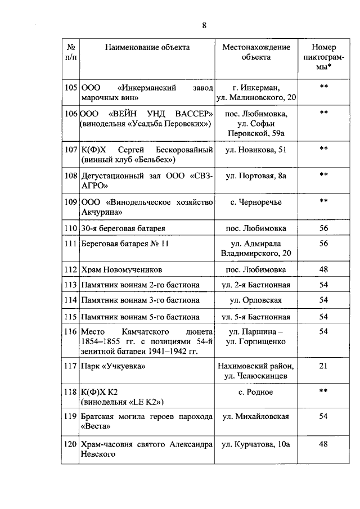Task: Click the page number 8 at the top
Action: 204,25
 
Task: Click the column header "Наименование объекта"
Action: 147,47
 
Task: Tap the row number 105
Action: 71,87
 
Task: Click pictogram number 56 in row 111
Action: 323,244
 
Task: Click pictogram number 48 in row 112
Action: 323,269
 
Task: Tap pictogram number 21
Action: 323,366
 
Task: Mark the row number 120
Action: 71,445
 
